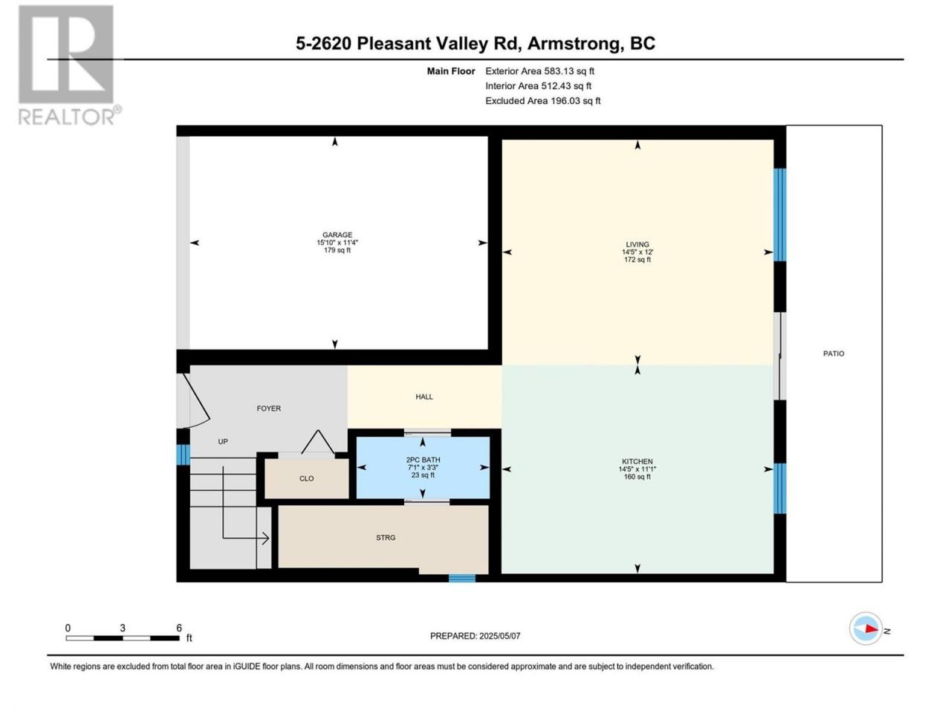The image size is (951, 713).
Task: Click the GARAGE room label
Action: tap(337, 235)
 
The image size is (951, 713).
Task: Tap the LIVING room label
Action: tap(637, 244)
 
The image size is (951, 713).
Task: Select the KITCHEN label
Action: tap(637, 461)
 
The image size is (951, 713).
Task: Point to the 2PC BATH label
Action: tap(423, 460)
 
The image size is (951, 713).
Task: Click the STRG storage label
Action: tap(386, 538)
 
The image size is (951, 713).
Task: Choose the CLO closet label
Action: tap(306, 478)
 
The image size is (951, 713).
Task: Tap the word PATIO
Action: tap(834, 354)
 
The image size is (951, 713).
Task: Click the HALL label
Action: tap(424, 397)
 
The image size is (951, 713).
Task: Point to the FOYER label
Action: tap(269, 408)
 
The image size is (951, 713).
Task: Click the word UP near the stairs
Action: tap(223, 442)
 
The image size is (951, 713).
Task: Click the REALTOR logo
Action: tap(69, 65)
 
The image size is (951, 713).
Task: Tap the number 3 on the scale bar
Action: tap(123, 628)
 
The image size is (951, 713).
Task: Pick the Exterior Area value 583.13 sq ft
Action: tap(569, 71)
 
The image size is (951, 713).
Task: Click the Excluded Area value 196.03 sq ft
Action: tap(575, 101)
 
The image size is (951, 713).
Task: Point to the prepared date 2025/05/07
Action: tap(499, 636)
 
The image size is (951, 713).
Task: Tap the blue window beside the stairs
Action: tap(183, 455)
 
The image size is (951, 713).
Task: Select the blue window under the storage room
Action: tap(462, 578)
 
